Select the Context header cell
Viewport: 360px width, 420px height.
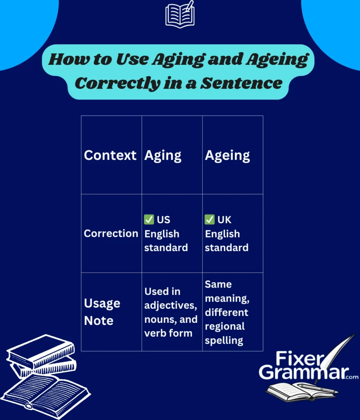click(110, 155)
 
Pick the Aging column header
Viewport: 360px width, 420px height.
click(163, 155)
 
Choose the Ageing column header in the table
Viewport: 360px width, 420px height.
click(227, 155)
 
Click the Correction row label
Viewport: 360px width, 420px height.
click(111, 233)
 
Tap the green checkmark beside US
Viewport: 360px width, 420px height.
click(149, 220)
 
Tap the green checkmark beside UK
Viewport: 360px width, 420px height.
click(210, 220)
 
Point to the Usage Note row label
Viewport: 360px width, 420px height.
click(102, 312)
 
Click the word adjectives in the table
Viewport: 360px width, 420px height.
click(171, 306)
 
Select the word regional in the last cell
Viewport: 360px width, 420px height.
click(225, 326)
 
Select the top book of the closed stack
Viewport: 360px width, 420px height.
click(41, 349)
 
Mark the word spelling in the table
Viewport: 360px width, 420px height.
click(224, 340)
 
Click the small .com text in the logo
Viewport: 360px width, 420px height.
click(351, 377)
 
